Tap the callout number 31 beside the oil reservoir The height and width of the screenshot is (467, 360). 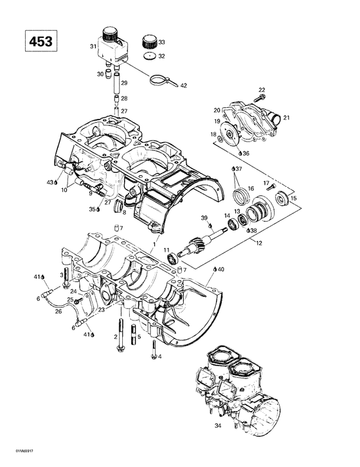click(x=93, y=46)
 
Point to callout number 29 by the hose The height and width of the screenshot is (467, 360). click(x=124, y=84)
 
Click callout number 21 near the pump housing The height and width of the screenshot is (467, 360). click(x=286, y=117)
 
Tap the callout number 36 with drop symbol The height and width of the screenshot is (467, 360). click(x=245, y=153)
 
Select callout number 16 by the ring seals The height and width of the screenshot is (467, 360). click(x=251, y=188)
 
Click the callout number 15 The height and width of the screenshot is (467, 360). click(x=294, y=198)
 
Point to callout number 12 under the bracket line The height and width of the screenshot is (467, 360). click(x=258, y=242)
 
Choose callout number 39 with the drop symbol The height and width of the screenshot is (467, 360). click(x=204, y=218)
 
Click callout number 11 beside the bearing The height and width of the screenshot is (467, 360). click(x=166, y=249)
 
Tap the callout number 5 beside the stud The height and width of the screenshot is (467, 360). click(x=139, y=337)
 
